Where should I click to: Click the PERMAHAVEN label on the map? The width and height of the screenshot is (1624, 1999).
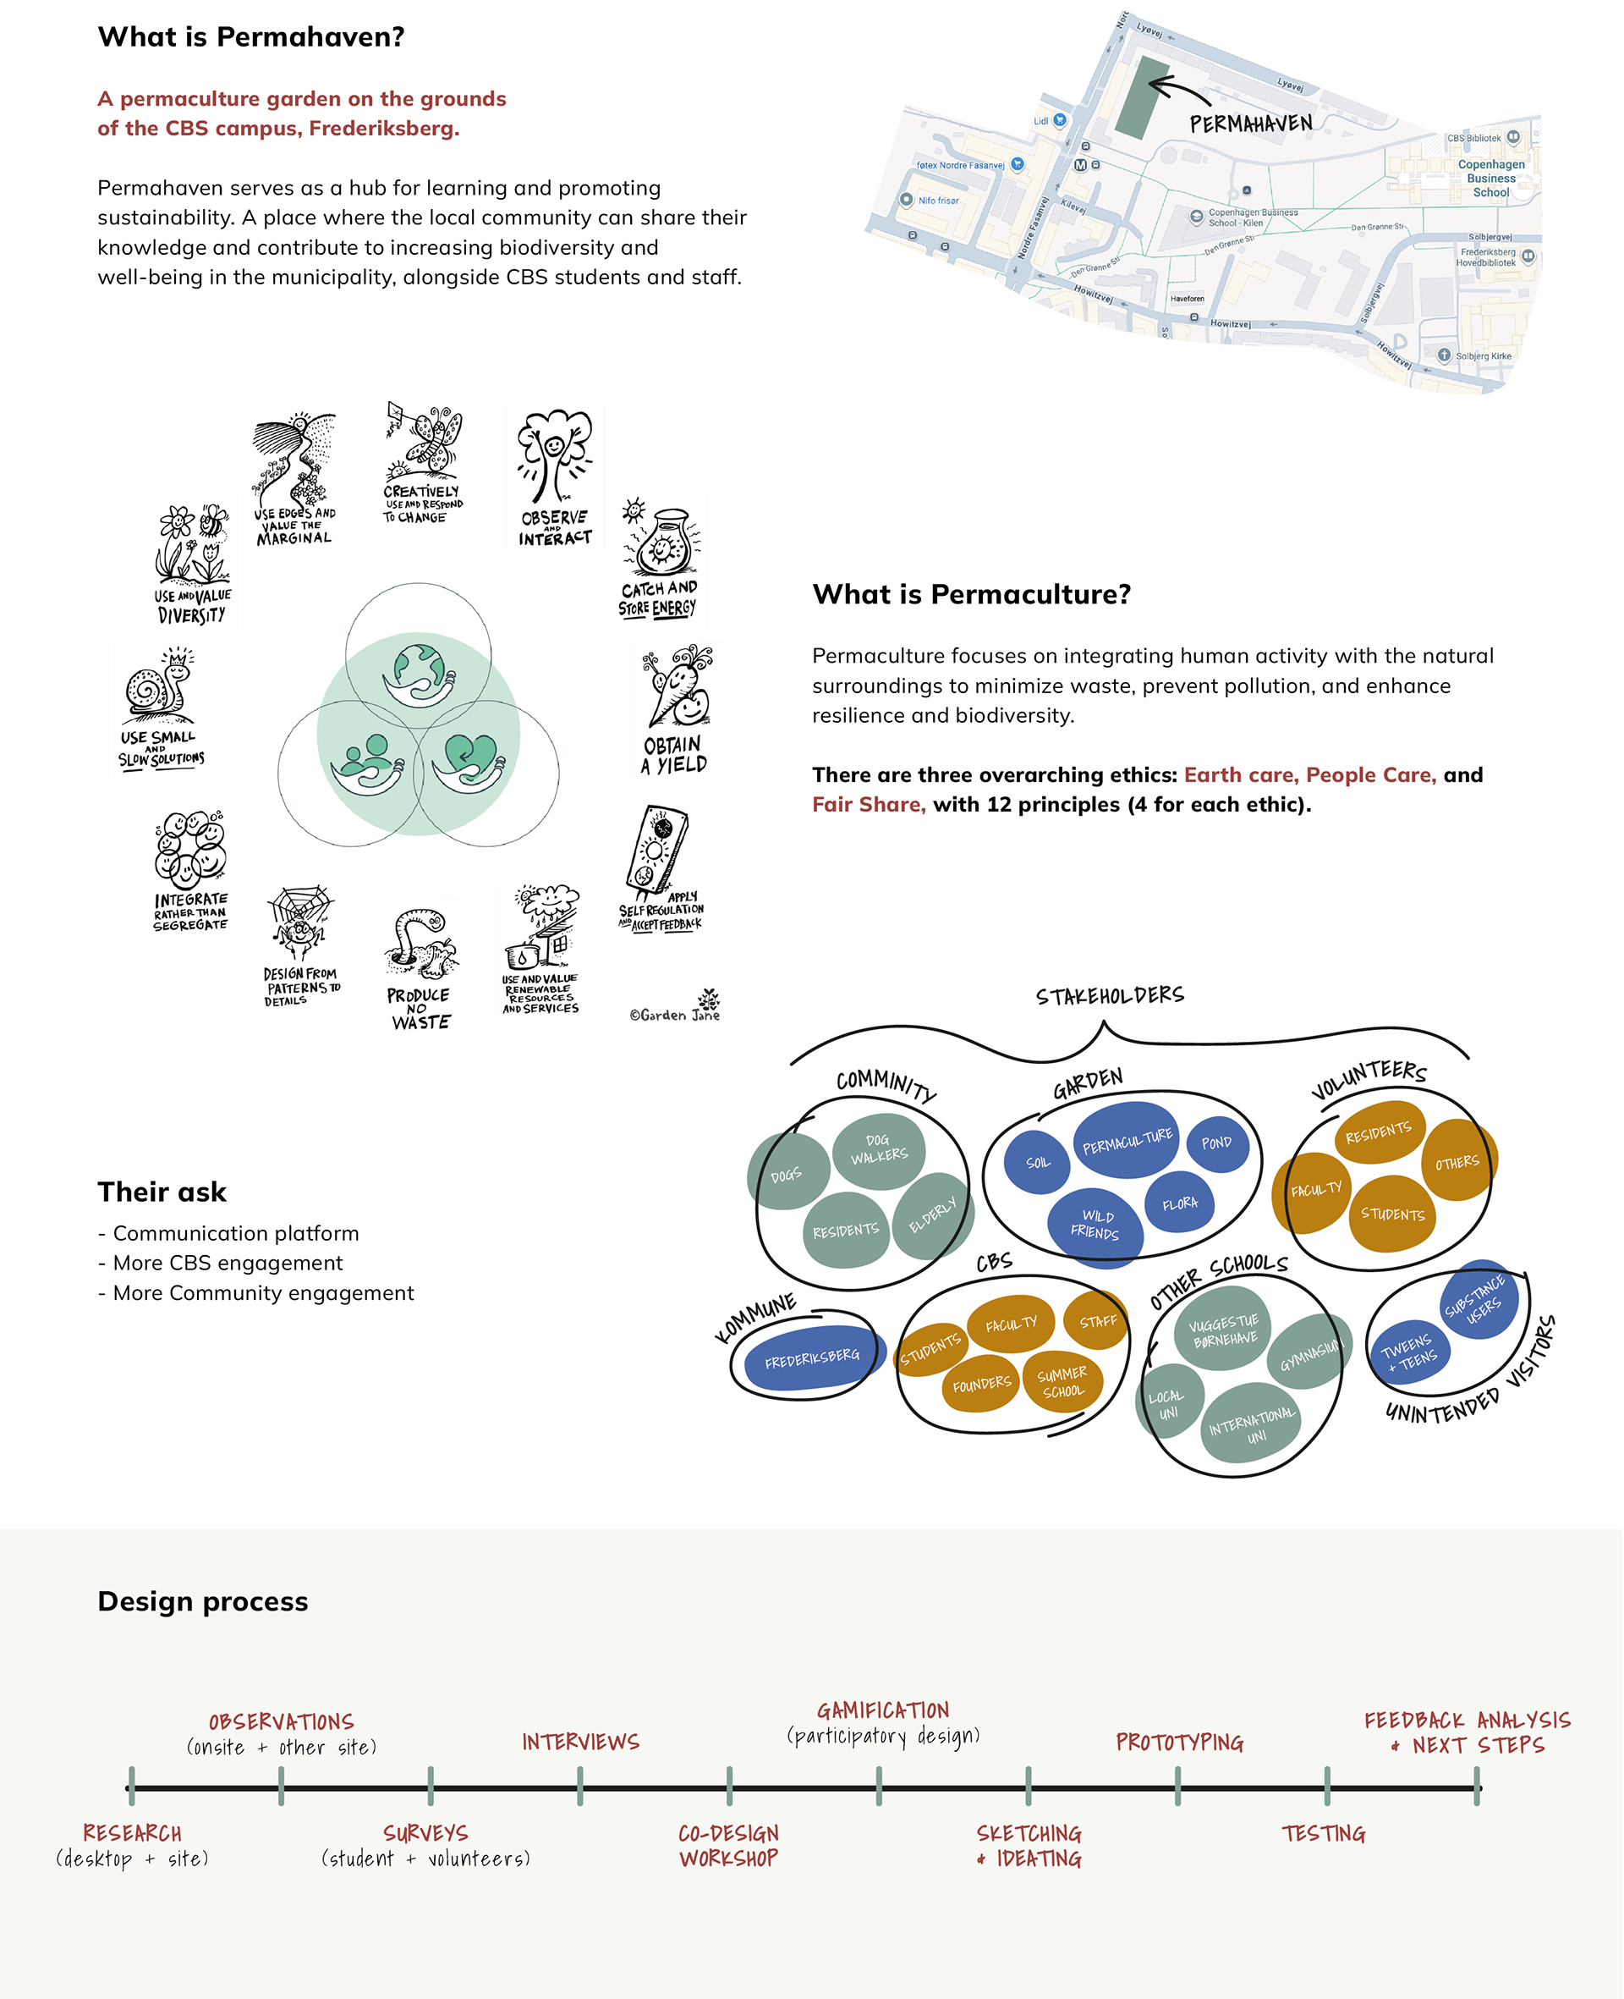click(1251, 124)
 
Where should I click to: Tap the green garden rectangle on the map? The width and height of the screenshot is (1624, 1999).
click(1144, 96)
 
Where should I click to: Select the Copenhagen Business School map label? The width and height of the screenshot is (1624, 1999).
click(1491, 178)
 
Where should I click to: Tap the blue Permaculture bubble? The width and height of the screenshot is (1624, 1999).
click(1127, 1141)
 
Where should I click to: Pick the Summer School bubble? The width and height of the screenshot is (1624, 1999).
click(1062, 1381)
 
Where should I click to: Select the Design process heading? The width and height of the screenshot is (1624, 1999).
click(203, 1601)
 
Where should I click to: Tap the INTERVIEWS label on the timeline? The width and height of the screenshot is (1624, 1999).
click(580, 1742)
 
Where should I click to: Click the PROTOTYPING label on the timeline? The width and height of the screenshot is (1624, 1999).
click(1179, 1742)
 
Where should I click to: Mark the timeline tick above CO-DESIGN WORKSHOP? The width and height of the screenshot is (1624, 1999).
click(729, 1786)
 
